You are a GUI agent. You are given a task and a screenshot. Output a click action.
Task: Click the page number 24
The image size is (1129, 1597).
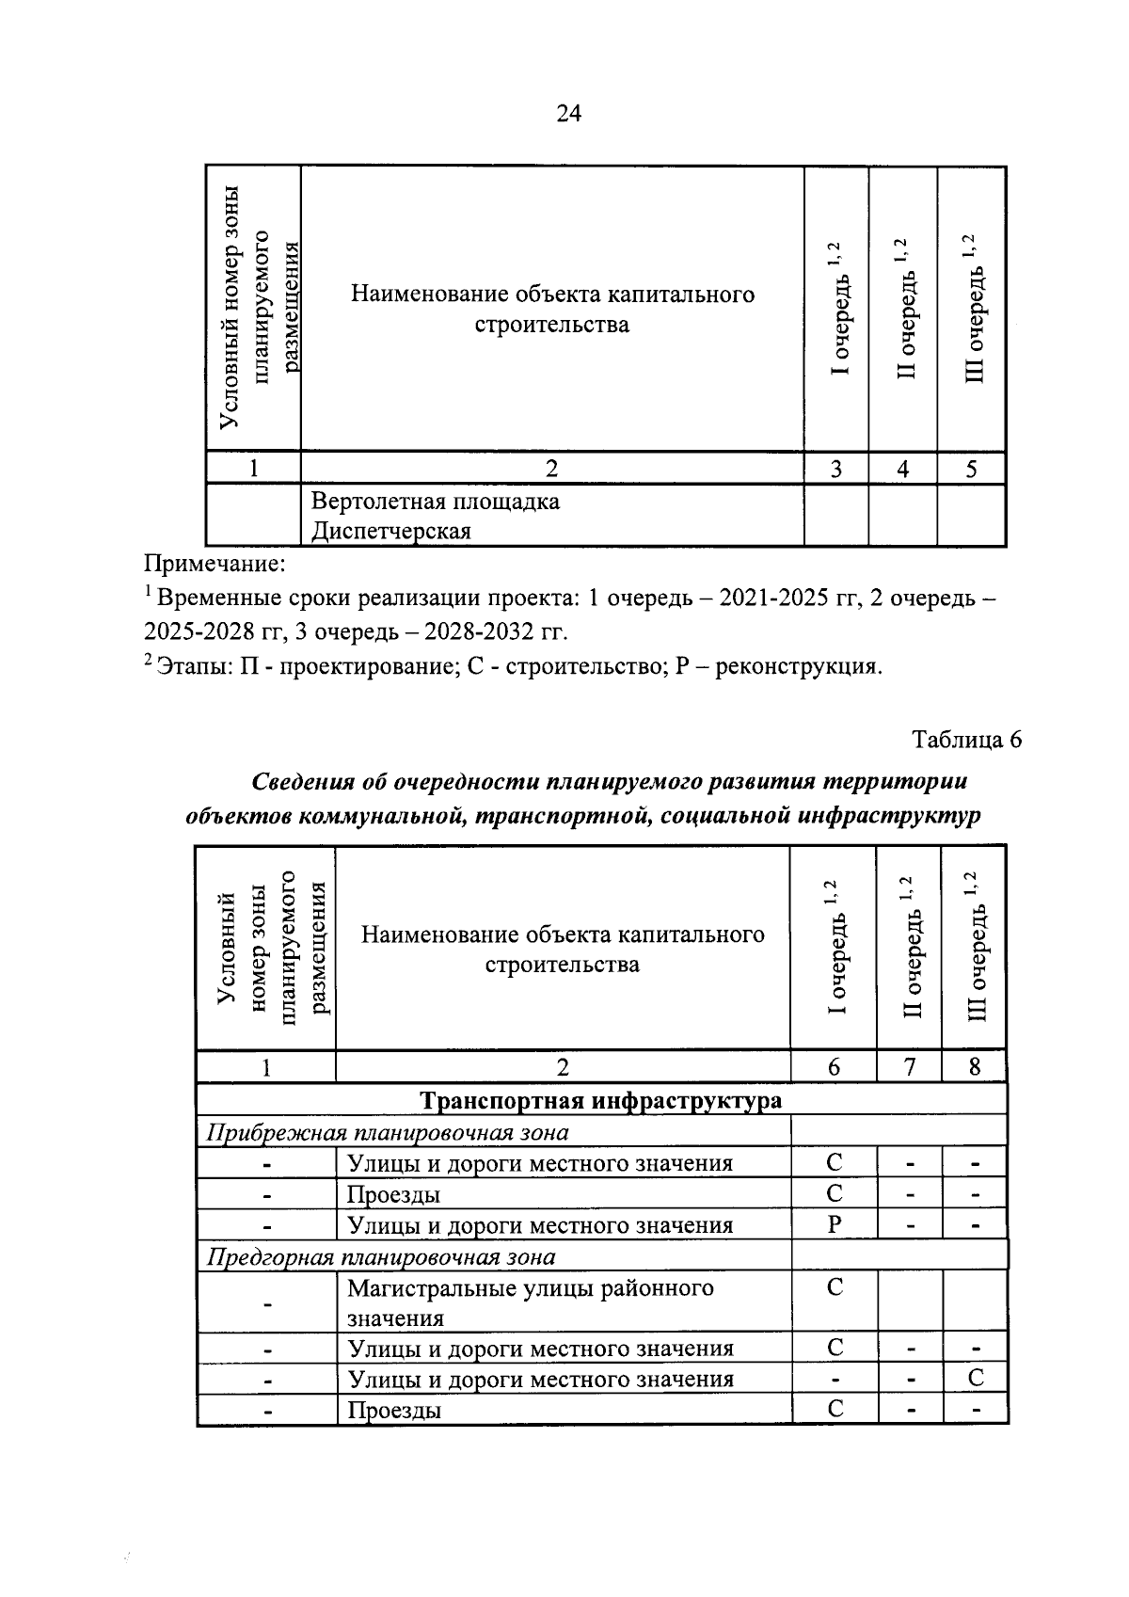(x=569, y=114)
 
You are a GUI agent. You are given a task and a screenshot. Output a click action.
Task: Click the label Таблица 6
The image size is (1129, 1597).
(x=967, y=740)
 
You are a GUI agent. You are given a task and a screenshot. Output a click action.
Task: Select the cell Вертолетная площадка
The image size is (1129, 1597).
(x=435, y=501)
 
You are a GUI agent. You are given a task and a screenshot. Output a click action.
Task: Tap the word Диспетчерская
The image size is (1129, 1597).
(x=390, y=532)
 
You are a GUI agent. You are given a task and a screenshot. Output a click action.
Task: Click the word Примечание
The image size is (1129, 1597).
(x=213, y=565)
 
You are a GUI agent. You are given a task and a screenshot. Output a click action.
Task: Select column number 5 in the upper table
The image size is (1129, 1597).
(x=971, y=469)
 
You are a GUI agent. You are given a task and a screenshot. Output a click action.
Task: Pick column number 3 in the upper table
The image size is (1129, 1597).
(x=835, y=469)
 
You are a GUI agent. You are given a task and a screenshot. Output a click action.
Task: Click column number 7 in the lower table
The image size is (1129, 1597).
(x=909, y=1067)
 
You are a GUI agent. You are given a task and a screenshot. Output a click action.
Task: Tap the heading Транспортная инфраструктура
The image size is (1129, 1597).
(x=600, y=1100)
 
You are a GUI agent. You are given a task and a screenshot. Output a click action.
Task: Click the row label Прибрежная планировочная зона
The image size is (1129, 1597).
(x=387, y=1132)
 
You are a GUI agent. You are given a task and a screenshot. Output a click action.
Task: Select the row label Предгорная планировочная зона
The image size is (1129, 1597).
(x=380, y=1257)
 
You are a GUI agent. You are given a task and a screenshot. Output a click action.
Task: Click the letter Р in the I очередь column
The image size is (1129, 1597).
(x=834, y=1225)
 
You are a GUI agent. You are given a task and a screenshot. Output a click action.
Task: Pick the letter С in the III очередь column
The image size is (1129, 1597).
(x=976, y=1379)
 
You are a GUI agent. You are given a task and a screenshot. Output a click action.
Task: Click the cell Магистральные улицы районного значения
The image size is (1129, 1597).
(x=530, y=1302)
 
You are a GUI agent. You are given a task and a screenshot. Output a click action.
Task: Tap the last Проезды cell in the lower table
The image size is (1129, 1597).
(x=393, y=1410)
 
